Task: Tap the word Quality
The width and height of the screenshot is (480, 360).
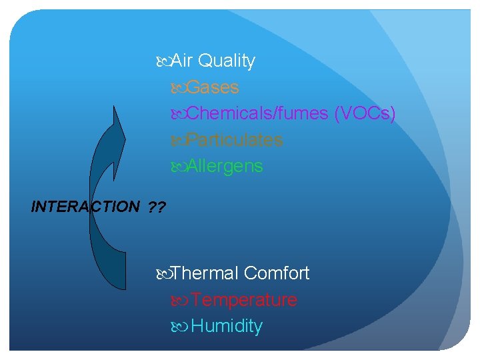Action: click(227, 61)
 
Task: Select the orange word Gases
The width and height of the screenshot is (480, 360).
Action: click(213, 87)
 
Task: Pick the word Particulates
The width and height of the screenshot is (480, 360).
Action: click(235, 140)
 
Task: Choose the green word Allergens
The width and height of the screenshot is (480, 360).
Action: click(225, 166)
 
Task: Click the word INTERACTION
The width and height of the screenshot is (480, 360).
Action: click(85, 207)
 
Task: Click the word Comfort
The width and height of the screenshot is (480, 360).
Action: click(277, 273)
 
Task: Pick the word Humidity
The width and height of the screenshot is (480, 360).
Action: click(227, 327)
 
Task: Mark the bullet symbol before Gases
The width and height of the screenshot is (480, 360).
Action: click(179, 88)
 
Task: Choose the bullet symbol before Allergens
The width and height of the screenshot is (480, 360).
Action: click(179, 167)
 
